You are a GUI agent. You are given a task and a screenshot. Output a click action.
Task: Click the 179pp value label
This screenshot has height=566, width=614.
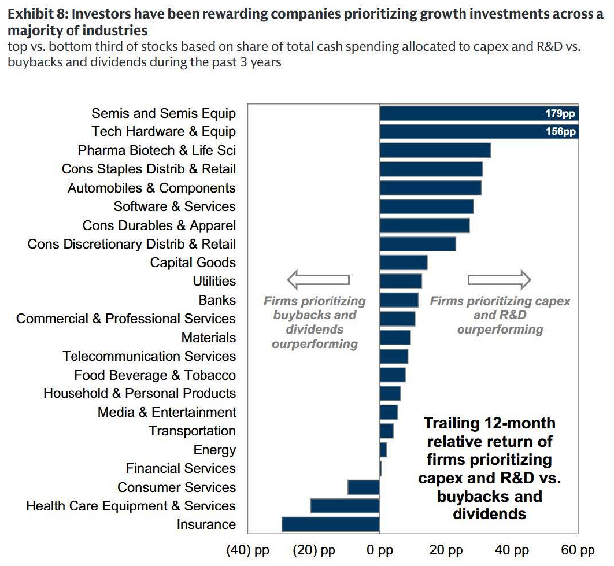point(560,113)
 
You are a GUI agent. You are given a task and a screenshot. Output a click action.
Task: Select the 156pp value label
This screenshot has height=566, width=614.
point(560,131)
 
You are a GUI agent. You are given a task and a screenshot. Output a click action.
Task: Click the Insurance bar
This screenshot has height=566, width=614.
point(331,524)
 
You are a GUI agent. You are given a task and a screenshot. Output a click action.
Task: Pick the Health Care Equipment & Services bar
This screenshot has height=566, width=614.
point(345,506)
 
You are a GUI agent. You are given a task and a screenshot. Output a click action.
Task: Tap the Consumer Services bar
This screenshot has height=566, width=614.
point(364,487)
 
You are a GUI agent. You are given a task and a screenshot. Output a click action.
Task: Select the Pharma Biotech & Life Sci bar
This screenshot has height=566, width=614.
point(435,150)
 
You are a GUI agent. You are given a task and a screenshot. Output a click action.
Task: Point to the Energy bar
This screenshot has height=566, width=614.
point(383,450)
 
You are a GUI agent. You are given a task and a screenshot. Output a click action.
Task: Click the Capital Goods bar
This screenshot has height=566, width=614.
point(404,262)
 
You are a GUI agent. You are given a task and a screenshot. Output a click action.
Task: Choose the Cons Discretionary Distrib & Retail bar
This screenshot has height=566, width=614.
point(418,243)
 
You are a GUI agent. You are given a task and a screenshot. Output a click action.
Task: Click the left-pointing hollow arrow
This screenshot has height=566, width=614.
point(319,280)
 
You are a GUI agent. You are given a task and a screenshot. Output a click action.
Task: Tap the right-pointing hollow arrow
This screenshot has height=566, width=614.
point(500,280)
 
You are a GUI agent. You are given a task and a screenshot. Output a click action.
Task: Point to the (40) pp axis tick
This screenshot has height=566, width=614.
point(248,550)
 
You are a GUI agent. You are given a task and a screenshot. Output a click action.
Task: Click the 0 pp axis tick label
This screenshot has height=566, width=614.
point(380,550)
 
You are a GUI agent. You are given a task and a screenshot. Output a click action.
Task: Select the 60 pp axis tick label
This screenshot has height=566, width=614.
point(578,550)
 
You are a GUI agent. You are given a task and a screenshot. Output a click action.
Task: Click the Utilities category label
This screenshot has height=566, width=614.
point(214,281)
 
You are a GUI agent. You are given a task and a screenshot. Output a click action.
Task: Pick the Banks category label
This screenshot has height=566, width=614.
point(217,299)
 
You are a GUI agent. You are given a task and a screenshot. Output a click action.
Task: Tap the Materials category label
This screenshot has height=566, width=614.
point(209,337)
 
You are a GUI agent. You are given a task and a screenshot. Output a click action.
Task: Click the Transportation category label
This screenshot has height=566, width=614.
point(193,431)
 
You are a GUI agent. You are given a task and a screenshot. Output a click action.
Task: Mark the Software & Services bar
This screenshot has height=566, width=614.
point(427,206)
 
